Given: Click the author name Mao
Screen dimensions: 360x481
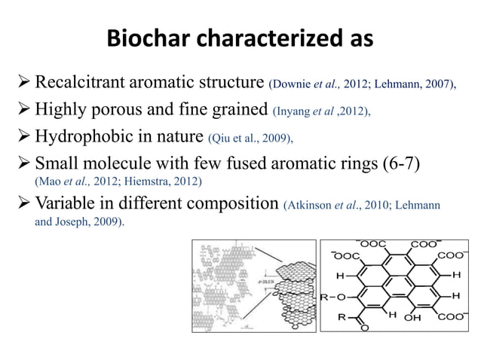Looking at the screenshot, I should click(51, 182).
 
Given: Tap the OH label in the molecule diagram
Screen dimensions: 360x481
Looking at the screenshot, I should click(413, 317).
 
